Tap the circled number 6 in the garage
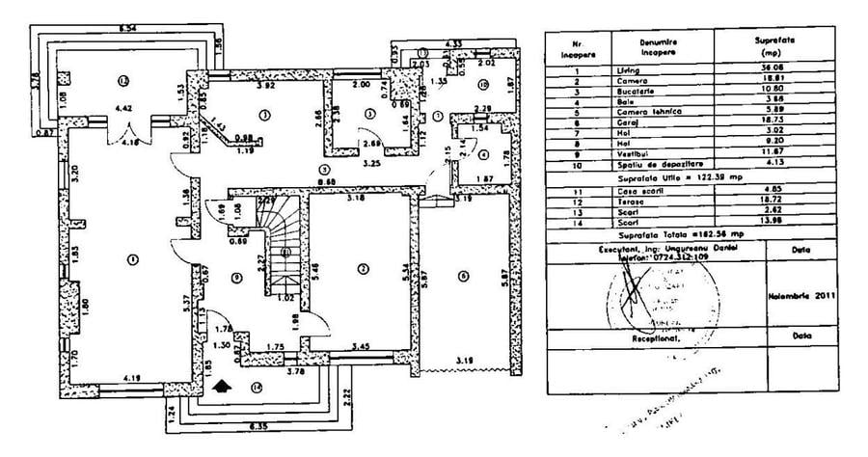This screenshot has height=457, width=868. coord(463,276)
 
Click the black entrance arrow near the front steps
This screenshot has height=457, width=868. coord(224,385)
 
